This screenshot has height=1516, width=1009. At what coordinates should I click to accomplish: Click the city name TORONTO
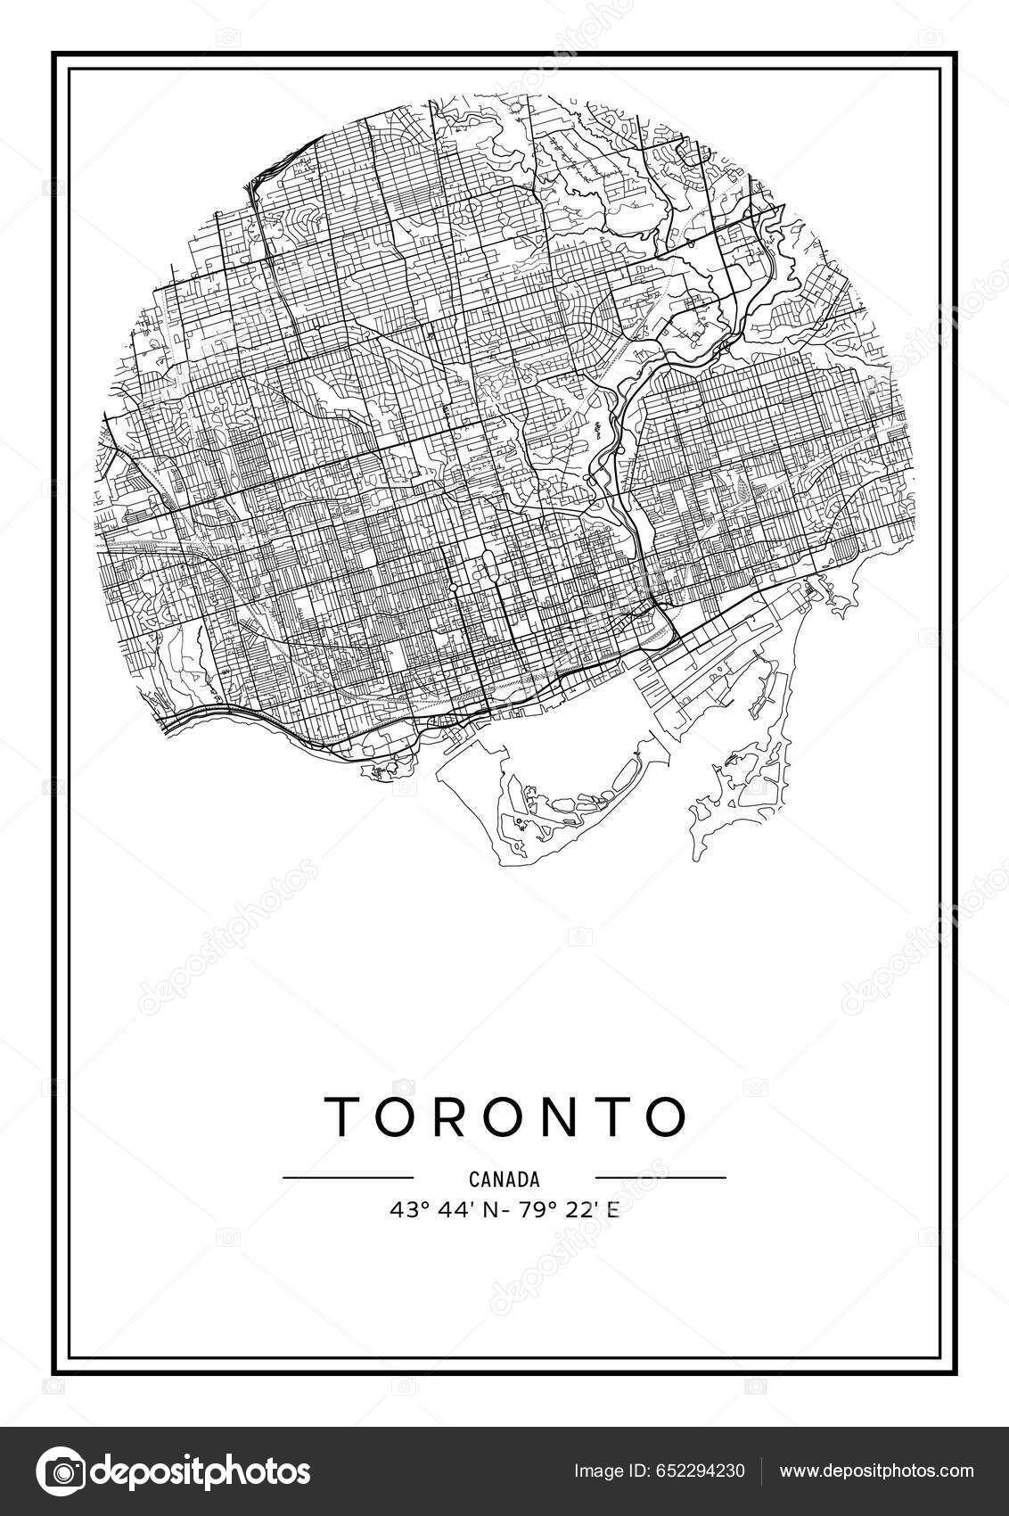pyautogui.click(x=504, y=1116)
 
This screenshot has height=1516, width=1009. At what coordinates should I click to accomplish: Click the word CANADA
pyautogui.click(x=504, y=1179)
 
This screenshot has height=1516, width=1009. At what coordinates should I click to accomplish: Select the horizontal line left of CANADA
pyautogui.click(x=348, y=1178)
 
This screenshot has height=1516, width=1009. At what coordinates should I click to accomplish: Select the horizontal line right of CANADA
pyautogui.click(x=660, y=1178)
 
